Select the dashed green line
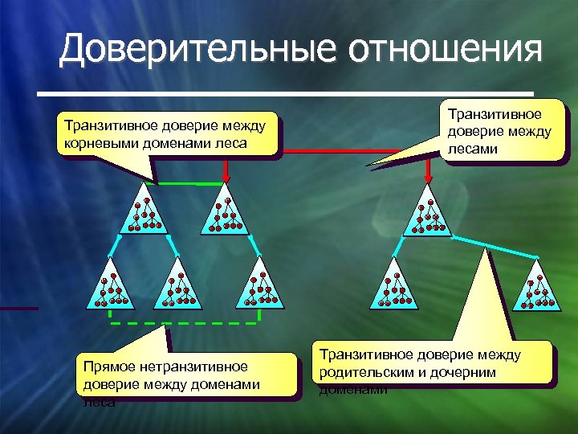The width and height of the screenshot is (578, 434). tap(185, 322)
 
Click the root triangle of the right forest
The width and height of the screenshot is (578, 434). tap(428, 213)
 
